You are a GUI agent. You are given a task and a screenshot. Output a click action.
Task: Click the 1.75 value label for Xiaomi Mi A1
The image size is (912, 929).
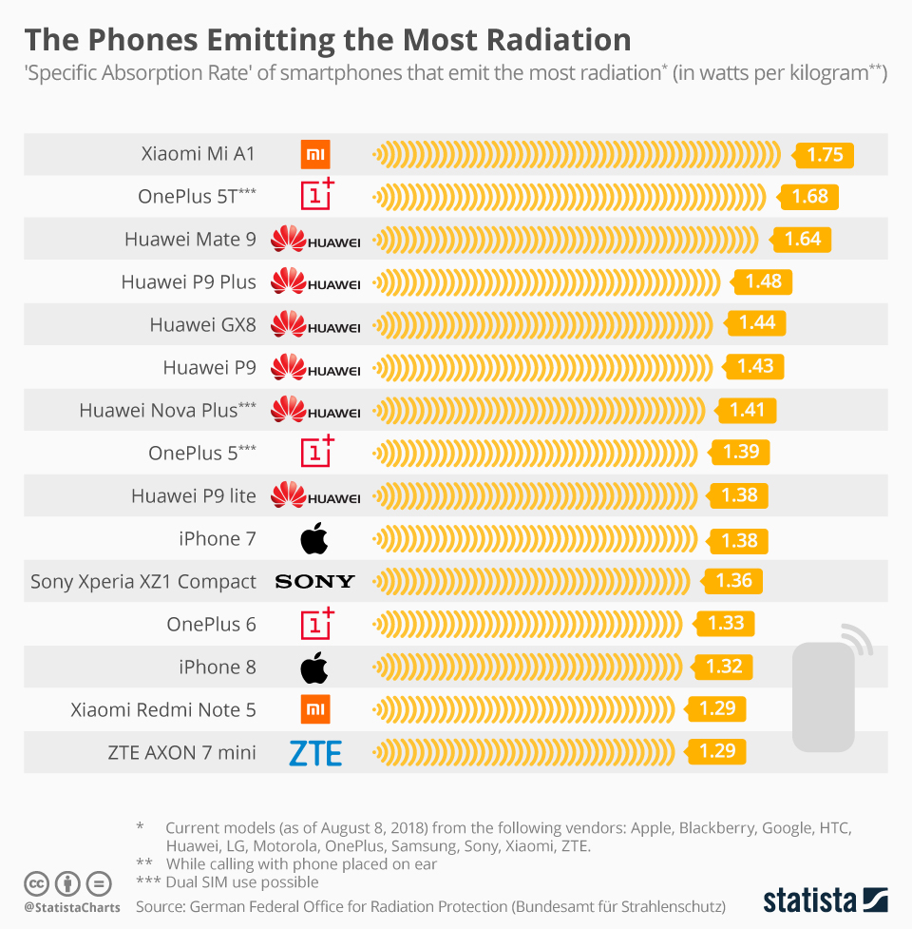coord(825,154)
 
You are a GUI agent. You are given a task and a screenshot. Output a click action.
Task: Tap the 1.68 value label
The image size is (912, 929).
coord(809,197)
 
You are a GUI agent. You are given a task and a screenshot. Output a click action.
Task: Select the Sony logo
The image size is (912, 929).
coord(314,581)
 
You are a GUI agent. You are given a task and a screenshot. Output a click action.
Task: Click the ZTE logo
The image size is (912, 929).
coord(314,754)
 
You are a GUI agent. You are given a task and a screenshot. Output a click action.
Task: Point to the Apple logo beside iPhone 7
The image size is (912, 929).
coord(314,539)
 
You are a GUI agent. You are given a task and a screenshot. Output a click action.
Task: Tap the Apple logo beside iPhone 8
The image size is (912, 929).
coord(314,668)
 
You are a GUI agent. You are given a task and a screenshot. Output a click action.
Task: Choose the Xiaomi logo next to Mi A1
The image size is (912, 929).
coord(315,154)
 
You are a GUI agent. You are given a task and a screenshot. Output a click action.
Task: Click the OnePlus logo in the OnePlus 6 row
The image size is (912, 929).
coord(317,623)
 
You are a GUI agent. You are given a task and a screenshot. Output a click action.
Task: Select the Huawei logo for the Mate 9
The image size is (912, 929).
coord(315,240)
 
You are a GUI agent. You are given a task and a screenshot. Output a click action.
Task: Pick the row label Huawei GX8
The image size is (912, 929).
coord(202,324)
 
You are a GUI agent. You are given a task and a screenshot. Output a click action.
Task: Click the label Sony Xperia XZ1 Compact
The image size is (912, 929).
coord(143,581)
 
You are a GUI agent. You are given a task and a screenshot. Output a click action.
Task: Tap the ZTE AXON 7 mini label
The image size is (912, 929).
coord(182,753)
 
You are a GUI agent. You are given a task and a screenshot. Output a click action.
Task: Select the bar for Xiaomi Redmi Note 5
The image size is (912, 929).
coord(523,709)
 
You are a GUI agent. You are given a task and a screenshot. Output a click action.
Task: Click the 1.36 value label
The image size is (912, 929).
coord(732,581)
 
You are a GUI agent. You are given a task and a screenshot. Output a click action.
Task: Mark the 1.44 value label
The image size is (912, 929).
coord(756,323)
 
